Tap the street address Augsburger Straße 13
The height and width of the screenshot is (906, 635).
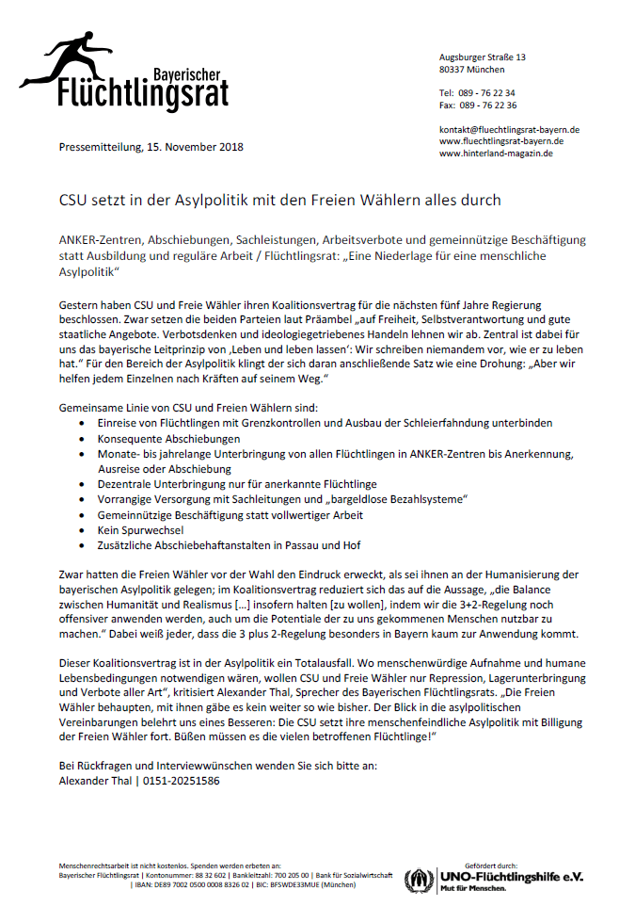tap(482, 57)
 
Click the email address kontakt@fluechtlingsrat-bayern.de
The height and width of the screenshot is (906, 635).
tap(509, 129)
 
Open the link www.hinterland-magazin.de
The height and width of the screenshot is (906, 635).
tap(496, 154)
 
